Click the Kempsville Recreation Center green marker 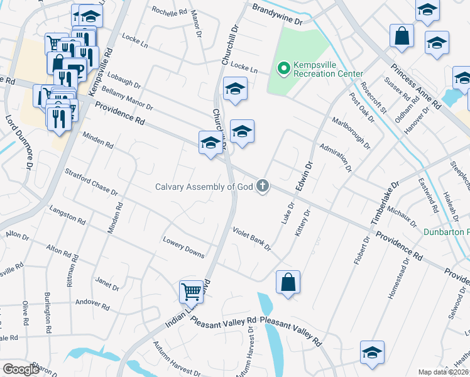click(x=283, y=67)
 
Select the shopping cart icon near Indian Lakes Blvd click(x=192, y=290)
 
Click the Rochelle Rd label click(x=170, y=12)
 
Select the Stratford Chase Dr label click(x=92, y=180)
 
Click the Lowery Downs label click(x=183, y=248)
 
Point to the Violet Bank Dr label click(x=251, y=239)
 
